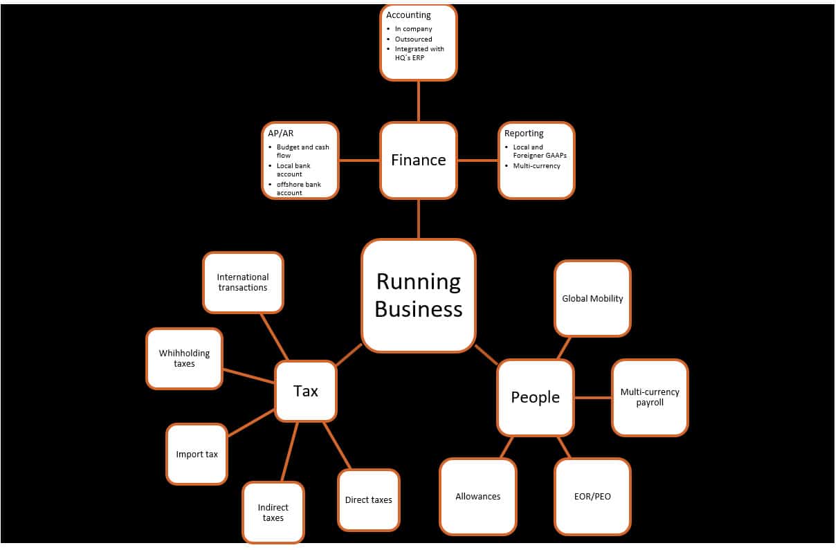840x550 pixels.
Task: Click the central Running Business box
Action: (x=419, y=295)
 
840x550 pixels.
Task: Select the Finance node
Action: (x=419, y=161)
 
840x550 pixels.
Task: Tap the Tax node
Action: (x=306, y=392)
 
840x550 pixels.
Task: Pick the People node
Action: (x=536, y=397)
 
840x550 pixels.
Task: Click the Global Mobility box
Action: (x=592, y=299)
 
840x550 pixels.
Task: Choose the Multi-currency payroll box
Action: (x=650, y=397)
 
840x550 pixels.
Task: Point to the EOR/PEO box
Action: (x=592, y=496)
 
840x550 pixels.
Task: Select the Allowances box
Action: (x=477, y=496)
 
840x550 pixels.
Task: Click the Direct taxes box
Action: (x=368, y=500)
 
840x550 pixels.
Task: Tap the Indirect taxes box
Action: (x=273, y=513)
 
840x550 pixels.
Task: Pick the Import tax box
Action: (x=197, y=455)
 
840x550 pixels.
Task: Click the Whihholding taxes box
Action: (x=184, y=358)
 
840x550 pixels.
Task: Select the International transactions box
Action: (x=243, y=282)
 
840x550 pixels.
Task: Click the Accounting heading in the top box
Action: (x=408, y=15)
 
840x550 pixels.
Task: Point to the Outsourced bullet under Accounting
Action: (x=413, y=39)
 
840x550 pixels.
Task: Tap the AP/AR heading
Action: (x=282, y=134)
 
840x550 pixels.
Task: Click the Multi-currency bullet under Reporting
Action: (x=536, y=166)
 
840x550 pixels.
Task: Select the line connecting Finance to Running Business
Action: (x=419, y=219)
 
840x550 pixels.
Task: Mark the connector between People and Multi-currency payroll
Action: (x=593, y=398)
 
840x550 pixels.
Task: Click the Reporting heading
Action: (x=524, y=134)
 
